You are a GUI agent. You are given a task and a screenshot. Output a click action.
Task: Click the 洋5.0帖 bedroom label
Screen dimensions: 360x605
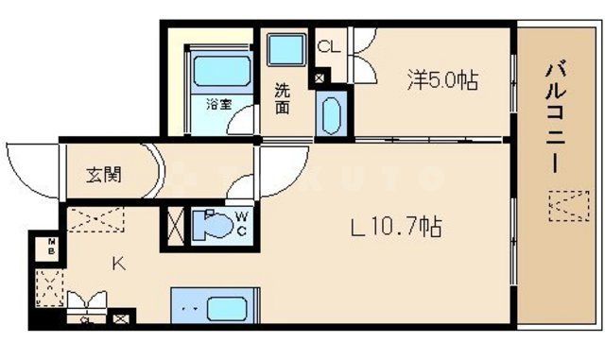(x=441, y=81)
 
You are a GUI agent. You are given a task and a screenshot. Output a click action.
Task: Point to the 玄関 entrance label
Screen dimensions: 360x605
(x=104, y=175)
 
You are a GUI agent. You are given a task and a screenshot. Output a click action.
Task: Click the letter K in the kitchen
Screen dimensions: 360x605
(x=119, y=264)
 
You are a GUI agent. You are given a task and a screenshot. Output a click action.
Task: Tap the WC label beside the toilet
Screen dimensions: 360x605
(x=241, y=226)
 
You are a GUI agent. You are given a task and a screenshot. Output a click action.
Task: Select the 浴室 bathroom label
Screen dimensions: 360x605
(x=219, y=104)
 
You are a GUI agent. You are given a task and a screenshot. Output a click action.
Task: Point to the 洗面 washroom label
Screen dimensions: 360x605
(x=283, y=99)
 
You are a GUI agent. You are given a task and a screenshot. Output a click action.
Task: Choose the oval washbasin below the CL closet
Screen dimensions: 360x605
(x=330, y=114)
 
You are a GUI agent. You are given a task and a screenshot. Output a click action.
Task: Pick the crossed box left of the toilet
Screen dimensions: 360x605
(x=176, y=228)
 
